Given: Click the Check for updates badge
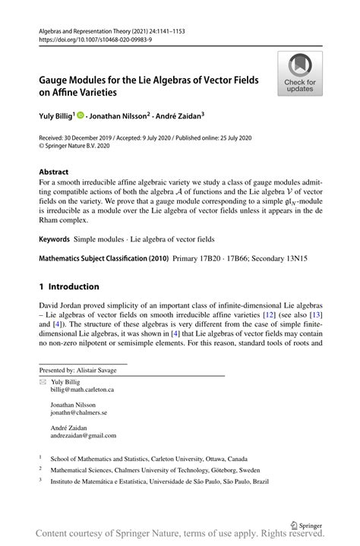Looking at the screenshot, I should click(x=300, y=74).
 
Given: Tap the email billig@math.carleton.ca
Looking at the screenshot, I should click(x=83, y=389).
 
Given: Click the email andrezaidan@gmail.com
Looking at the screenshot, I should click(x=84, y=436).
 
